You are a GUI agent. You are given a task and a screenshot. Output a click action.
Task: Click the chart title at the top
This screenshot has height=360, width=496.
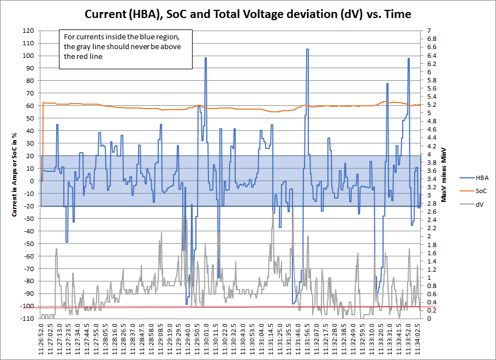click(248, 14)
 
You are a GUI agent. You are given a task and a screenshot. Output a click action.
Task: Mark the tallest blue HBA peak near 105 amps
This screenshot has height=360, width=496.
click(307, 50)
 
